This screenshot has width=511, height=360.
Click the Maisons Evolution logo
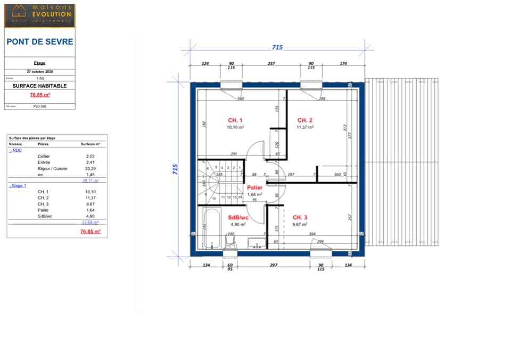coord(39,15)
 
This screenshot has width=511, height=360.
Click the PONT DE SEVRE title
coord(40,42)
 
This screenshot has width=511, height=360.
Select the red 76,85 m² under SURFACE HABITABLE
coord(39,95)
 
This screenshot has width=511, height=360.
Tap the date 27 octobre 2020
coord(40,71)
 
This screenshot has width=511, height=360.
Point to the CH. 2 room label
coord(304,120)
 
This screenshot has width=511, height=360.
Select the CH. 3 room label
coord(300,217)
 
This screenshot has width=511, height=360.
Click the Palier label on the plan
coord(254,187)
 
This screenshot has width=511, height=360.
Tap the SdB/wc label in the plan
coord(238,217)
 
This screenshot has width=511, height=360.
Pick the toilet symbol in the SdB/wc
coord(229,243)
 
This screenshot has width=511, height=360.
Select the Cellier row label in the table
coord(44,156)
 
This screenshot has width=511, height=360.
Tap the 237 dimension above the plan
coord(271,63)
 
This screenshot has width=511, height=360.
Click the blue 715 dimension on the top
coord(277,47)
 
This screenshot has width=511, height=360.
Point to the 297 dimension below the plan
coord(274,265)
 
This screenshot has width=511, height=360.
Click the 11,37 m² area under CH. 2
coord(304,127)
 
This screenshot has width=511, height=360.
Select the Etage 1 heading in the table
coord(18,185)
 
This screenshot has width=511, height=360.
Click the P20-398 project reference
coord(39,106)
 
